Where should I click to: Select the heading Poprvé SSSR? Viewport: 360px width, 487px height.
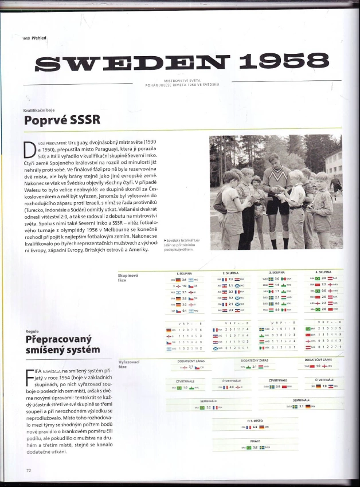click(62, 120)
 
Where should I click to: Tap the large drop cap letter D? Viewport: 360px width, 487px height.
click(30, 150)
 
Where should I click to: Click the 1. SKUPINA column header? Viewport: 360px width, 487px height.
click(185, 273)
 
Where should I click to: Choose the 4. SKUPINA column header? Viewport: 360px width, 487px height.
click(323, 272)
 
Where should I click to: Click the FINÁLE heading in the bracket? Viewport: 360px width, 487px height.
click(255, 441)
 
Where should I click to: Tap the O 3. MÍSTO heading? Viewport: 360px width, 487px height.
click(255, 421)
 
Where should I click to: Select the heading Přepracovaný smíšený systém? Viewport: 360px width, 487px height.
click(62, 344)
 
